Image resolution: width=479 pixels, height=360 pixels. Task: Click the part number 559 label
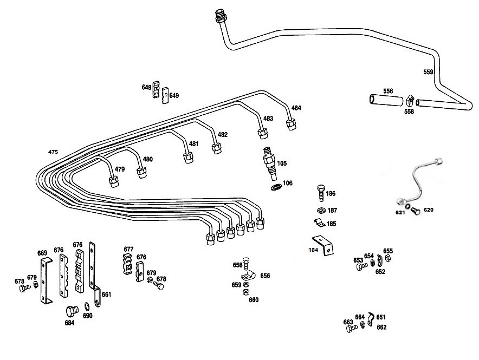[428, 72]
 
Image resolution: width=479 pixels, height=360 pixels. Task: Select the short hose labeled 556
[386, 100]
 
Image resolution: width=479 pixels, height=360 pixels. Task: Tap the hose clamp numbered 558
[410, 100]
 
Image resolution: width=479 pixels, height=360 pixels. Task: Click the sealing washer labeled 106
[276, 187]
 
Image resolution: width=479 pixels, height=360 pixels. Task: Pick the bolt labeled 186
[321, 193]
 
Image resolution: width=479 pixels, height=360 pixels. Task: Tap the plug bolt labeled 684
[72, 311]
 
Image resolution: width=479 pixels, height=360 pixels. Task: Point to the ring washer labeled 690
[87, 306]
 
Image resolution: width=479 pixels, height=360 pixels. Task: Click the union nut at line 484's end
[291, 125]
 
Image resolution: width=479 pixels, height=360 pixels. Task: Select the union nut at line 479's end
[114, 182]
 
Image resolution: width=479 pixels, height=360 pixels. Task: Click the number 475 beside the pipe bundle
[53, 152]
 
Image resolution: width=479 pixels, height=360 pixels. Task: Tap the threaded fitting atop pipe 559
[220, 15]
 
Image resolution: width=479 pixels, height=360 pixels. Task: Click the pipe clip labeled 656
[248, 277]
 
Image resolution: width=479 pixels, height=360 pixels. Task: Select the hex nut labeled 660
[245, 292]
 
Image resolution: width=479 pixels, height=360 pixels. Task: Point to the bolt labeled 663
[351, 329]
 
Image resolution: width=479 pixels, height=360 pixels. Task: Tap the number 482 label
[222, 135]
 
